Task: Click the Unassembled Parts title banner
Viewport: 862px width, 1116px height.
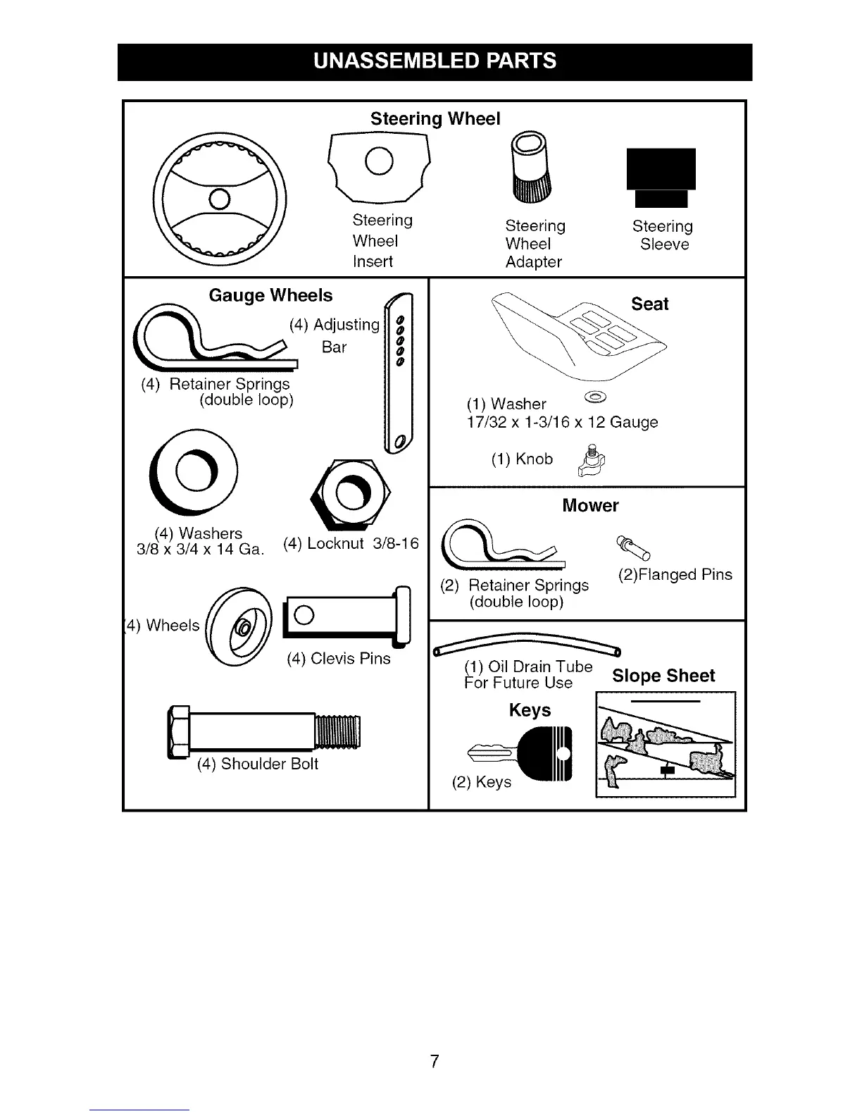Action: point(435,61)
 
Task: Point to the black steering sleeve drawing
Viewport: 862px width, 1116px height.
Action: point(661,177)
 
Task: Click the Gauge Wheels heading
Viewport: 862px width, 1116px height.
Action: point(270,295)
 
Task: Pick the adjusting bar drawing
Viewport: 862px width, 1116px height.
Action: point(400,374)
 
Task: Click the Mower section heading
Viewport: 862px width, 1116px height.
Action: point(590,505)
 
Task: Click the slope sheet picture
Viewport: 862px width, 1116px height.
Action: point(665,744)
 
